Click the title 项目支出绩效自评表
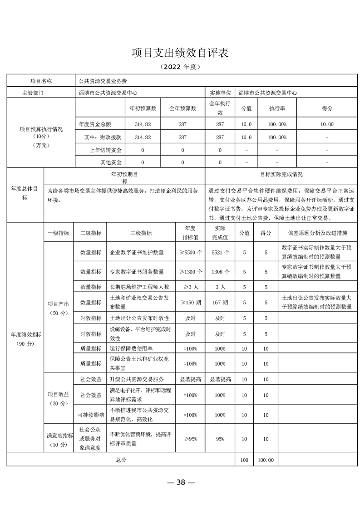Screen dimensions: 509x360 [180, 52]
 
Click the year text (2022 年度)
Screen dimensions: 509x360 [180, 67]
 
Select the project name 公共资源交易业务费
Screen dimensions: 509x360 [103, 81]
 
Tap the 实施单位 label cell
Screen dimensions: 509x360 [220, 92]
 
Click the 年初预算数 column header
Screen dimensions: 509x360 [143, 108]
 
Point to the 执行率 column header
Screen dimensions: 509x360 [277, 108]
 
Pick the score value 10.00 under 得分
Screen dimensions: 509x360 [327, 124]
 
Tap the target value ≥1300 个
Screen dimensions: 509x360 [190, 272]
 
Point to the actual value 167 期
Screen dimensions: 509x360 [220, 302]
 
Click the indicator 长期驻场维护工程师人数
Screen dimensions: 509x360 [139, 287]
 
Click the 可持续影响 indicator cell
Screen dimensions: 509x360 [90, 415]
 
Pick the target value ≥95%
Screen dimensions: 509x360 [190, 439]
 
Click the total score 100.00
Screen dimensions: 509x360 [266, 460]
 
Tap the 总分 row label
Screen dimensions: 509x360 [121, 460]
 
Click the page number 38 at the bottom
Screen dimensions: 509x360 [181, 482]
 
